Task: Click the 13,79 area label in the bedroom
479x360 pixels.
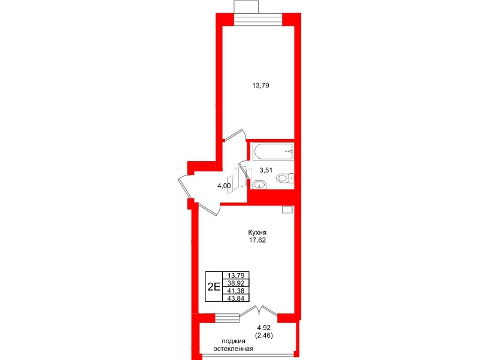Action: pyautogui.click(x=260, y=86)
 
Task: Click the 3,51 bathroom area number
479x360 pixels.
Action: pyautogui.click(x=266, y=170)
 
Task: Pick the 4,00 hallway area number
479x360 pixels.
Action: pyautogui.click(x=224, y=186)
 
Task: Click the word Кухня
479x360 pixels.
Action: pyautogui.click(x=257, y=232)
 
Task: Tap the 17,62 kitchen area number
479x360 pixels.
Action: pyautogui.click(x=257, y=240)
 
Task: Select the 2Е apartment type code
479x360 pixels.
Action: pyautogui.click(x=214, y=286)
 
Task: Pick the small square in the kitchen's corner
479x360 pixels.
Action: pyautogui.click(x=287, y=210)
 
